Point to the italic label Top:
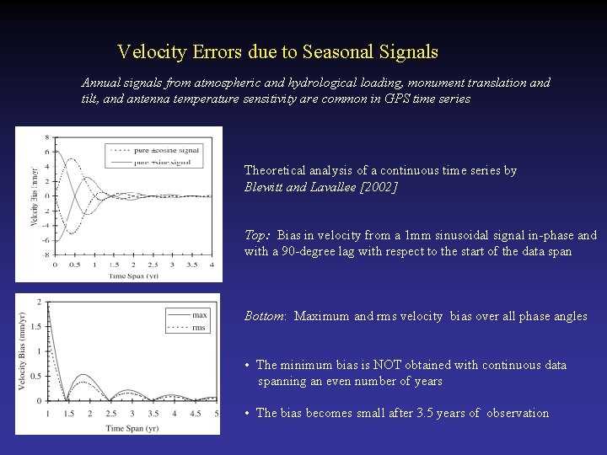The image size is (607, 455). (258, 235)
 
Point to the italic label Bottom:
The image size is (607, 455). (266, 316)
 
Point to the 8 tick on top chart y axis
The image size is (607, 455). (47, 136)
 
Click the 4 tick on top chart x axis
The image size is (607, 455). (212, 265)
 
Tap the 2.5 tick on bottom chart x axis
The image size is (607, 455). (111, 414)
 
